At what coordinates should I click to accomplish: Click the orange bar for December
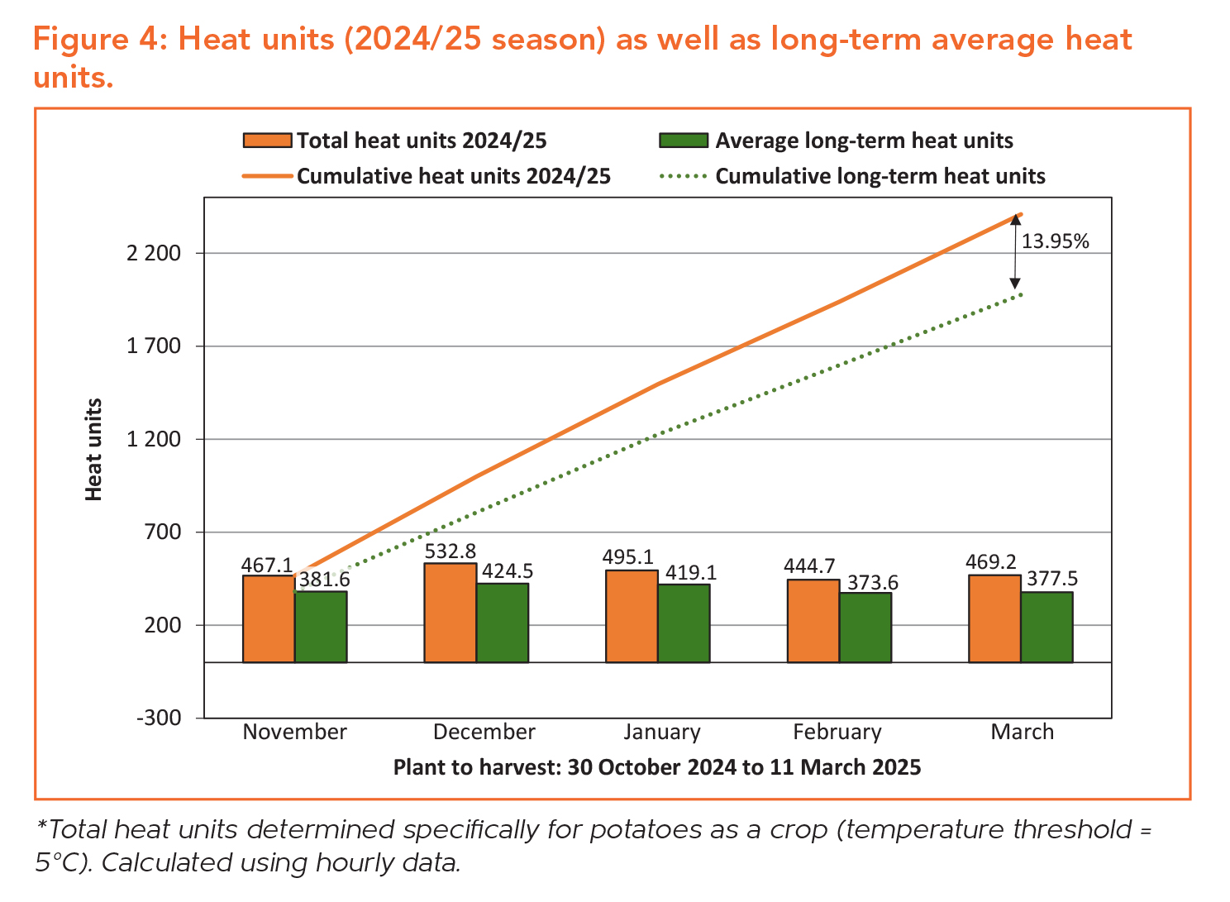tap(450, 613)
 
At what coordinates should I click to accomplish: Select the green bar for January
tap(684, 623)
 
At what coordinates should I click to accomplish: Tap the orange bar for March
tap(994, 618)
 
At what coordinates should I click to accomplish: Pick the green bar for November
tap(321, 627)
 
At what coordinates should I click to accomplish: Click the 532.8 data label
tap(450, 551)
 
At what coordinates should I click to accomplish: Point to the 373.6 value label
tap(873, 582)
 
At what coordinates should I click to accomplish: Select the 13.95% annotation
tap(1055, 241)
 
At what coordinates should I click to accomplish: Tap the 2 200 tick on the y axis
tap(154, 253)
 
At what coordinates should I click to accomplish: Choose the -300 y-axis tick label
tap(159, 718)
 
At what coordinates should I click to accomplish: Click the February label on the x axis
tap(837, 732)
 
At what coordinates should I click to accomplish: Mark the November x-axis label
tap(295, 732)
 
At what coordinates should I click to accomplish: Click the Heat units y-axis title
tap(94, 449)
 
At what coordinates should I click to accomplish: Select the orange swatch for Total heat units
tap(267, 141)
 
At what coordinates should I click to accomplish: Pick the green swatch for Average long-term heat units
tap(683, 141)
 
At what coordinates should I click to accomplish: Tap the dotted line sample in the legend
tap(683, 176)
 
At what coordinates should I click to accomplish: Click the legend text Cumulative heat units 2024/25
tap(454, 176)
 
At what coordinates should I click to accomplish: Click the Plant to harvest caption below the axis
tap(656, 767)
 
